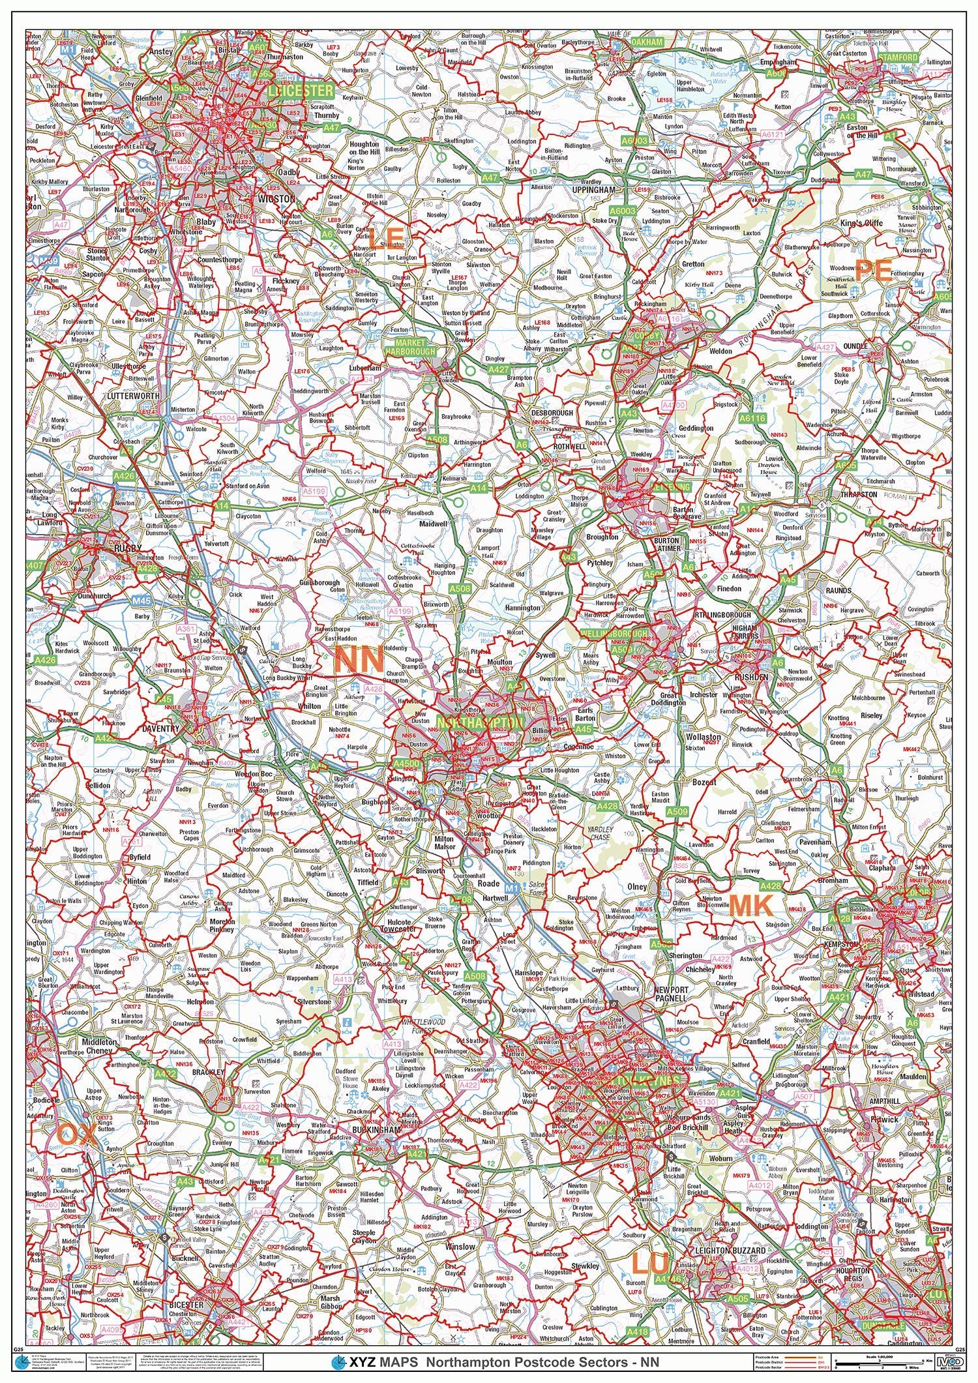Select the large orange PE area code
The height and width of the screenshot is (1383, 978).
tap(873, 270)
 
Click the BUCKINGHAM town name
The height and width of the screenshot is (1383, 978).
tap(383, 1129)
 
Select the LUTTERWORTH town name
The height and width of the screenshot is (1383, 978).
tap(139, 396)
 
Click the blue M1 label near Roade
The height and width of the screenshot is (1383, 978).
tap(511, 887)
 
